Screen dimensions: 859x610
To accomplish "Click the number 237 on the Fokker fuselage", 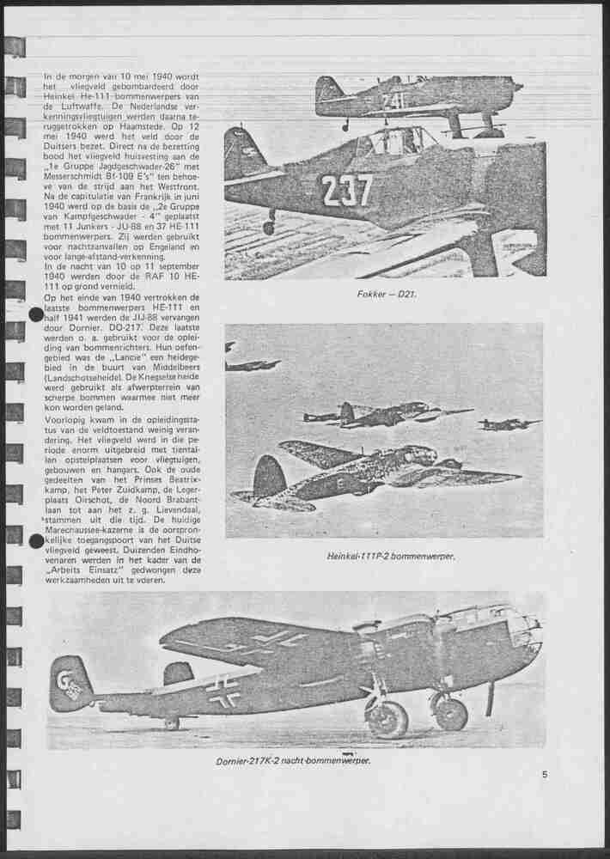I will pyautogui.click(x=347, y=190).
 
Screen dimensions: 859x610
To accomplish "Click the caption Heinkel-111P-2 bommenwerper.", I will pyautogui.click(x=390, y=556).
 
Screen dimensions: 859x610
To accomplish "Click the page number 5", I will pyautogui.click(x=545, y=775).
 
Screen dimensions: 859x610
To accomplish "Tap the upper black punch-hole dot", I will pyautogui.click(x=36, y=314).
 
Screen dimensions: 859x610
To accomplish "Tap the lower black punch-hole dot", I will pyautogui.click(x=36, y=541).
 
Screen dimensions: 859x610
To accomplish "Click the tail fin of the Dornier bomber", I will pyautogui.click(x=71, y=683).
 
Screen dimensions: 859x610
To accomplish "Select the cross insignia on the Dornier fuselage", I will pyautogui.click(x=224, y=690).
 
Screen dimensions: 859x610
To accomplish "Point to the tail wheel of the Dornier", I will pyautogui.click(x=173, y=724).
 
